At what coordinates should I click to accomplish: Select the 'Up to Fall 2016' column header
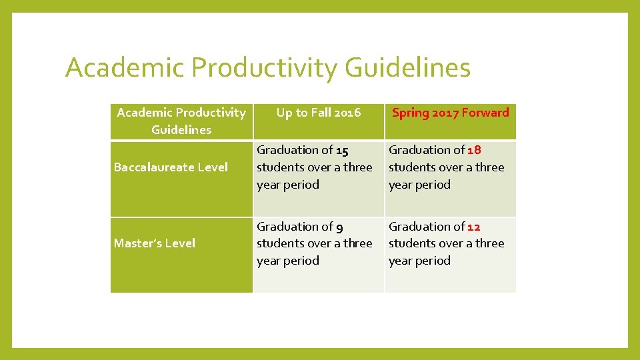pos(319,113)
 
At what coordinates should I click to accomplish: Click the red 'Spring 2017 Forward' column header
pos(450,113)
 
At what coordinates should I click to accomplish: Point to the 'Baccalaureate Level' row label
pos(171,167)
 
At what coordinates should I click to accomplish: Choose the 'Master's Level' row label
pos(155,243)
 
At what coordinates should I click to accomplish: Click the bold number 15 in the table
pos(342,151)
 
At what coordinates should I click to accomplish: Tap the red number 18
pos(474,151)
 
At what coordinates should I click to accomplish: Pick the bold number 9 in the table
pos(339,227)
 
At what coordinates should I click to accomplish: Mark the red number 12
pos(473,227)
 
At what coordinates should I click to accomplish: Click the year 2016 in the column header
pos(347,113)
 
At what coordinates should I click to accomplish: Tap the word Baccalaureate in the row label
pos(146,167)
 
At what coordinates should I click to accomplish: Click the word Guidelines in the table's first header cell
pos(181,130)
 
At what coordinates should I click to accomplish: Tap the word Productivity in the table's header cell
pos(213,113)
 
